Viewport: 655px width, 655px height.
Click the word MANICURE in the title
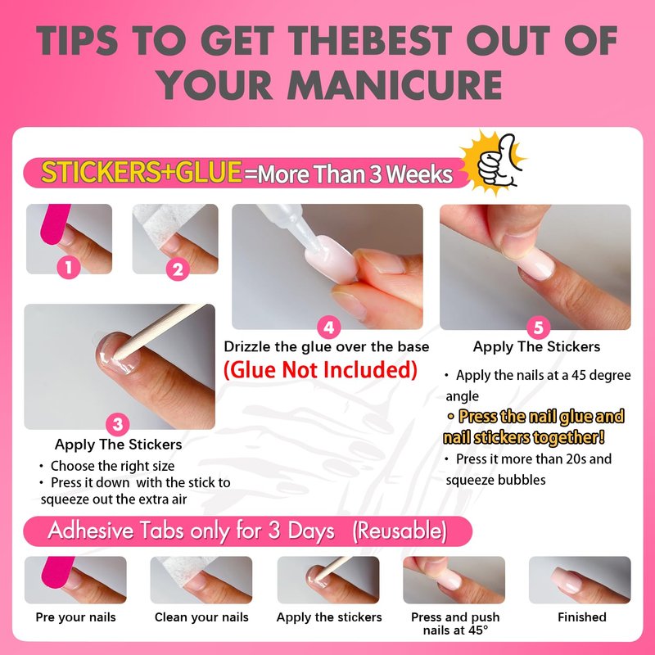[395, 85]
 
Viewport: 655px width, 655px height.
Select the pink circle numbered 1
[69, 267]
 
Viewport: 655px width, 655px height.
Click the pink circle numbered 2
[178, 269]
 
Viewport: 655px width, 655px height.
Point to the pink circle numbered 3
[117, 424]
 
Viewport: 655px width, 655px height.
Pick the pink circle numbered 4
[329, 327]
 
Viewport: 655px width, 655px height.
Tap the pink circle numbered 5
[539, 327]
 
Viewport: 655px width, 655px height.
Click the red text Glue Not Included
[320, 370]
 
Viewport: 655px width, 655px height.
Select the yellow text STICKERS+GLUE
[142, 172]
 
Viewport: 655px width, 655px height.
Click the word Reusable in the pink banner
[400, 531]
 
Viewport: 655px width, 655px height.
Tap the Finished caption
[582, 617]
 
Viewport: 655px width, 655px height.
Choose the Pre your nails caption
[75, 617]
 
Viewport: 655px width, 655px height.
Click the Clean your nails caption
[201, 617]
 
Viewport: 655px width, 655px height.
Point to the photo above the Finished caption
[580, 580]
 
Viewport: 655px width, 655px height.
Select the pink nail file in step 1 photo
[55, 224]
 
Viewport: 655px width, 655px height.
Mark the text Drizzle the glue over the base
[326, 346]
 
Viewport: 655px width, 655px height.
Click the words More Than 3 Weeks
[355, 174]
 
